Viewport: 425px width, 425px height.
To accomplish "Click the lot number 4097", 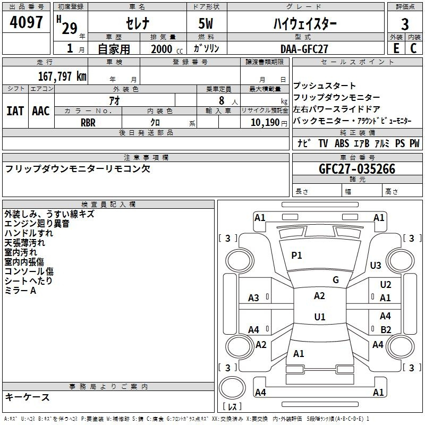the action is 26,22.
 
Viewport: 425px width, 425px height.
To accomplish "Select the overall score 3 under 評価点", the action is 405,24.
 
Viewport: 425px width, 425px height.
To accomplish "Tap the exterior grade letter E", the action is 396,48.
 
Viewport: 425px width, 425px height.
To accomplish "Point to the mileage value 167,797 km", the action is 62,76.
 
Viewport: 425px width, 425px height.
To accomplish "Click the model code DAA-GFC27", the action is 304,49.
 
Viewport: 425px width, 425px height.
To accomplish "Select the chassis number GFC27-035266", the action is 357,169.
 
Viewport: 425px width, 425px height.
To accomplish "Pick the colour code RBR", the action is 88,123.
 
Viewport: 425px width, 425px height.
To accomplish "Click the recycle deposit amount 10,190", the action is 265,123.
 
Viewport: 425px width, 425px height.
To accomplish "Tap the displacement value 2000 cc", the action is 167,49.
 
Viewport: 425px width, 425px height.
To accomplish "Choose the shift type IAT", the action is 15,111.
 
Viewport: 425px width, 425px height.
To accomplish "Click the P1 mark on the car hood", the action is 296,255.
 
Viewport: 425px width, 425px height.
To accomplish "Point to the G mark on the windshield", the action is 336,279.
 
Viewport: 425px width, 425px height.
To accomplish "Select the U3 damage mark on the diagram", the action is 376,265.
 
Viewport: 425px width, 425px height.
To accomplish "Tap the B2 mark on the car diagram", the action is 386,329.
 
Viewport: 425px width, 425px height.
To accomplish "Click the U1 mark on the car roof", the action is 320,317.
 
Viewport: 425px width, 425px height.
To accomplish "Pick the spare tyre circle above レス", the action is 232,388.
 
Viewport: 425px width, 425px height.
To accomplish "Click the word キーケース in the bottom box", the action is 28,397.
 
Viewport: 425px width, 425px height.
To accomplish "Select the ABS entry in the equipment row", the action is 342,143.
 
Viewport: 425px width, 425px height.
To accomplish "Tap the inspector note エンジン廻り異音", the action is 37,224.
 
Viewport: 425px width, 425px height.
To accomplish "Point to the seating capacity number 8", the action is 222,100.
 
